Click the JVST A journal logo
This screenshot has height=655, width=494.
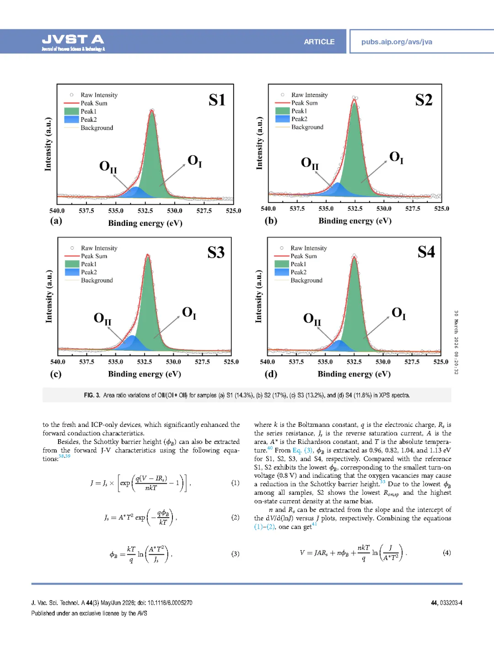click(73, 42)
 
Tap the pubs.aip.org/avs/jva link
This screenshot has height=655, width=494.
click(397, 42)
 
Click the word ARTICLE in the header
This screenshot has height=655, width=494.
click(319, 42)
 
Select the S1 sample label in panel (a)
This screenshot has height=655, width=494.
click(217, 100)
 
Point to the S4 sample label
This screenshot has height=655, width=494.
click(426, 252)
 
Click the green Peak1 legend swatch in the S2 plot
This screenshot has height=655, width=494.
click(282, 111)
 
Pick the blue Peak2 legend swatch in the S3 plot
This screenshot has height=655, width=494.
click(72, 272)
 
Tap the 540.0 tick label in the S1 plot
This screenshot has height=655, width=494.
click(57, 211)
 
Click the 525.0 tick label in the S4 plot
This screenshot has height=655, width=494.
click(440, 362)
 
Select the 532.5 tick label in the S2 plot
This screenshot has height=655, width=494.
click(355, 208)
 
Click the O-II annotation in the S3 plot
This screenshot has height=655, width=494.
click(102, 319)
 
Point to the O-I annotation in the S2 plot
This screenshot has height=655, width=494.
click(396, 158)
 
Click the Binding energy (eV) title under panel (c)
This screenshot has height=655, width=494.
click(145, 374)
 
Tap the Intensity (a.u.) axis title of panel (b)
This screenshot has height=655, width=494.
click(259, 143)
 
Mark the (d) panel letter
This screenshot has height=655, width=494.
click(271, 374)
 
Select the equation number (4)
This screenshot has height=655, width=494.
click(446, 552)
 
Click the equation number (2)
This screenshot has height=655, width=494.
click(235, 517)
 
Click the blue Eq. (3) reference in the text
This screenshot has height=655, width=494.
click(303, 450)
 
